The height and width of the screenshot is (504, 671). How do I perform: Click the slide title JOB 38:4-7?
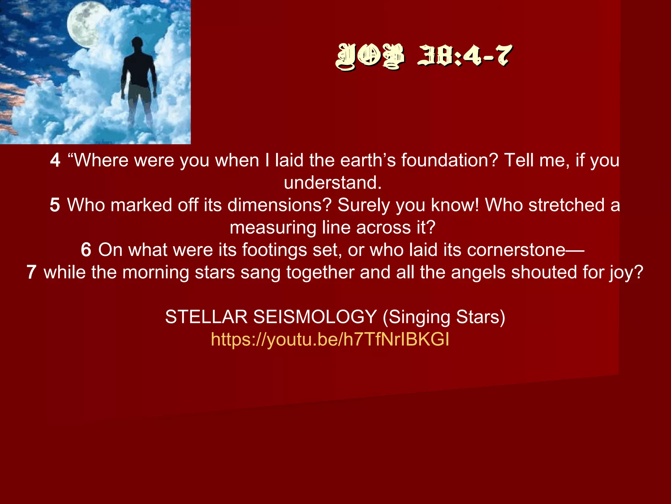[x=423, y=56]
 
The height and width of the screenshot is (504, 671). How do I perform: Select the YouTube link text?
[x=330, y=339]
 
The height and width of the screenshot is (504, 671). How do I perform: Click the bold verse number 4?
[x=55, y=160]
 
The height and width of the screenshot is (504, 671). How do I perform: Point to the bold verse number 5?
[x=55, y=205]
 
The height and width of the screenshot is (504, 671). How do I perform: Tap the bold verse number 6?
[x=86, y=250]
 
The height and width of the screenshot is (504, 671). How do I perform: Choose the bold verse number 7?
[x=31, y=272]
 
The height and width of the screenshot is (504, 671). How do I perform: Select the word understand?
[x=332, y=183]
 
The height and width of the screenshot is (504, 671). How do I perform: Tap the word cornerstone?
[x=516, y=250]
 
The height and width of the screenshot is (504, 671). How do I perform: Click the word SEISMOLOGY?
[x=315, y=317]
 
